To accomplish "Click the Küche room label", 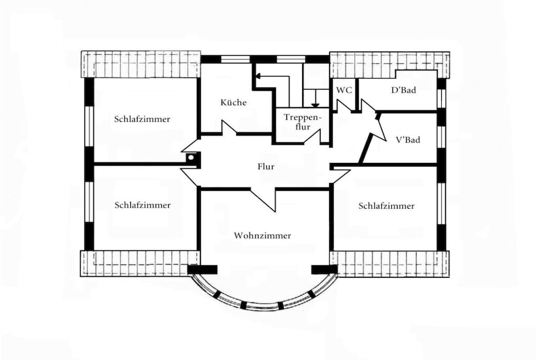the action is pos(234,102).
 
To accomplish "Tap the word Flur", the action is pos(266,167).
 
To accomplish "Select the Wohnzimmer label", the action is pos(263,236).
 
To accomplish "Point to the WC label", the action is pos(344,90).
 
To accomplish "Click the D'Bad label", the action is pos(403,90).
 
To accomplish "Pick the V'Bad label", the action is pos(408,140).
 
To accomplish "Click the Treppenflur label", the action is pos(302,122).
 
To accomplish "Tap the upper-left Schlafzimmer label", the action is pos(142,119).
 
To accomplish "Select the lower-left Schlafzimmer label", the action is pos(142,205).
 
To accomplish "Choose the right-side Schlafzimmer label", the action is pos(387,206).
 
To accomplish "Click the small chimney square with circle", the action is pos(191,158).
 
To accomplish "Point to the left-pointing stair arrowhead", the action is pos(259,76).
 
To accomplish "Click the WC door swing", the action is pos(344,105).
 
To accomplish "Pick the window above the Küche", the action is pos(235,59).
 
